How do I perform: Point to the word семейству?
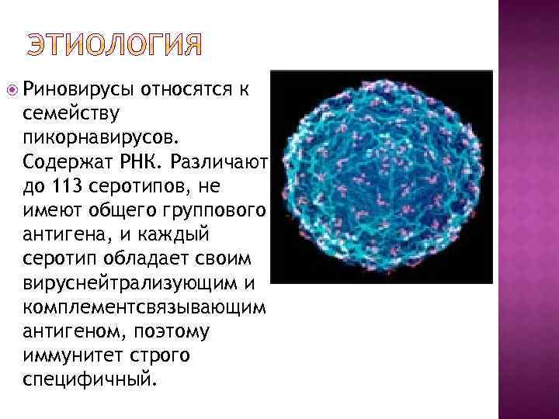pyautogui.click(x=71, y=114)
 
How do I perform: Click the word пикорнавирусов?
pyautogui.click(x=100, y=138)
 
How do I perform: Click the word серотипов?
pyautogui.click(x=154, y=187)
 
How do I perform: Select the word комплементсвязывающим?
pyautogui.click(x=144, y=308)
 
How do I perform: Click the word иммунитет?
pyautogui.click(x=70, y=356)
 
